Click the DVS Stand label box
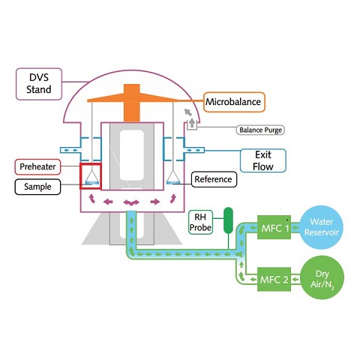pyautogui.click(x=39, y=84)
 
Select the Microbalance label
pyautogui.click(x=234, y=102)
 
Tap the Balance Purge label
pyautogui.click(x=260, y=130)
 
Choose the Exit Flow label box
pyautogui.click(x=263, y=160)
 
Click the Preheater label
pyautogui.click(x=37, y=166)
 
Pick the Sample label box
pyautogui.click(x=37, y=187)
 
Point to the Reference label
pyautogui.click(x=214, y=179)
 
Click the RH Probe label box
pyautogui.click(x=200, y=222)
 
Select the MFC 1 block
pyautogui.click(x=274, y=227)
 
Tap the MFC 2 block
pyautogui.click(x=274, y=279)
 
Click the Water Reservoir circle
pyautogui.click(x=322, y=227)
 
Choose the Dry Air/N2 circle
pyautogui.click(x=322, y=277)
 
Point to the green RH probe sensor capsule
pyautogui.click(x=228, y=220)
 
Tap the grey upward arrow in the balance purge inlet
pyautogui.click(x=192, y=123)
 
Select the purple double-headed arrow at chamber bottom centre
pyautogui.click(x=131, y=202)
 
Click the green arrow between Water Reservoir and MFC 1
pyautogui.click(x=295, y=227)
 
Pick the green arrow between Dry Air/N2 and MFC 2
pyautogui.click(x=295, y=279)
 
